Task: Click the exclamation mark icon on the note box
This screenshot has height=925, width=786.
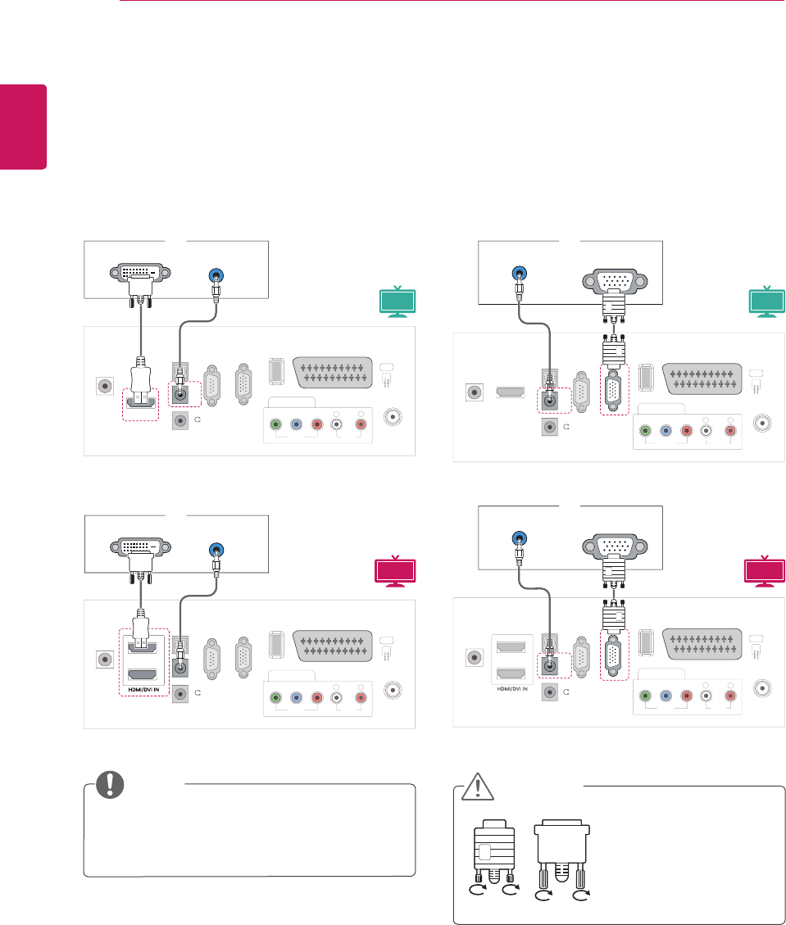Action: click(107, 784)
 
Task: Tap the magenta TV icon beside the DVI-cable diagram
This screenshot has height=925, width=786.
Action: click(396, 571)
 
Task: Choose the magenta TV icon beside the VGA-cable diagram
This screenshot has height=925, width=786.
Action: click(766, 571)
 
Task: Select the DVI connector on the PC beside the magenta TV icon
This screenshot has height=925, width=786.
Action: click(136, 548)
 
